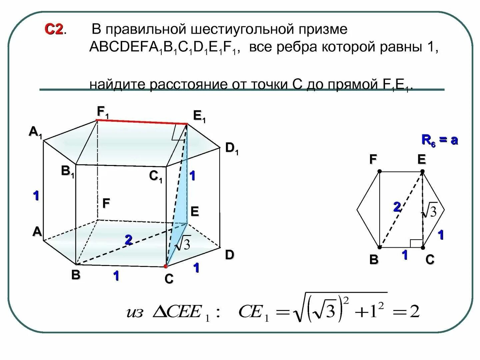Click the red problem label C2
pyautogui.click(x=54, y=30)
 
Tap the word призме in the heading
pyautogui.click(x=323, y=29)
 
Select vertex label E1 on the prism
pyautogui.click(x=199, y=116)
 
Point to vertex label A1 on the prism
pyautogui.click(x=36, y=132)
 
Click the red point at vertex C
pyautogui.click(x=166, y=266)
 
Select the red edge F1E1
pyautogui.click(x=142, y=122)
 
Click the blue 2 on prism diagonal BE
pyautogui.click(x=128, y=240)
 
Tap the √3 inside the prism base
pyautogui.click(x=183, y=244)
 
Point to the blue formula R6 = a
pyautogui.click(x=439, y=140)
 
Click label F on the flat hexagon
pyautogui.click(x=373, y=160)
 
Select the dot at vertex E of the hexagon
pyautogui.click(x=422, y=172)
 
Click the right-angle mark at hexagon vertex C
pyautogui.click(x=416, y=243)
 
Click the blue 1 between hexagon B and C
pyautogui.click(x=405, y=255)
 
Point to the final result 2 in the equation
pyautogui.click(x=414, y=312)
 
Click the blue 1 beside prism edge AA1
pyautogui.click(x=36, y=195)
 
